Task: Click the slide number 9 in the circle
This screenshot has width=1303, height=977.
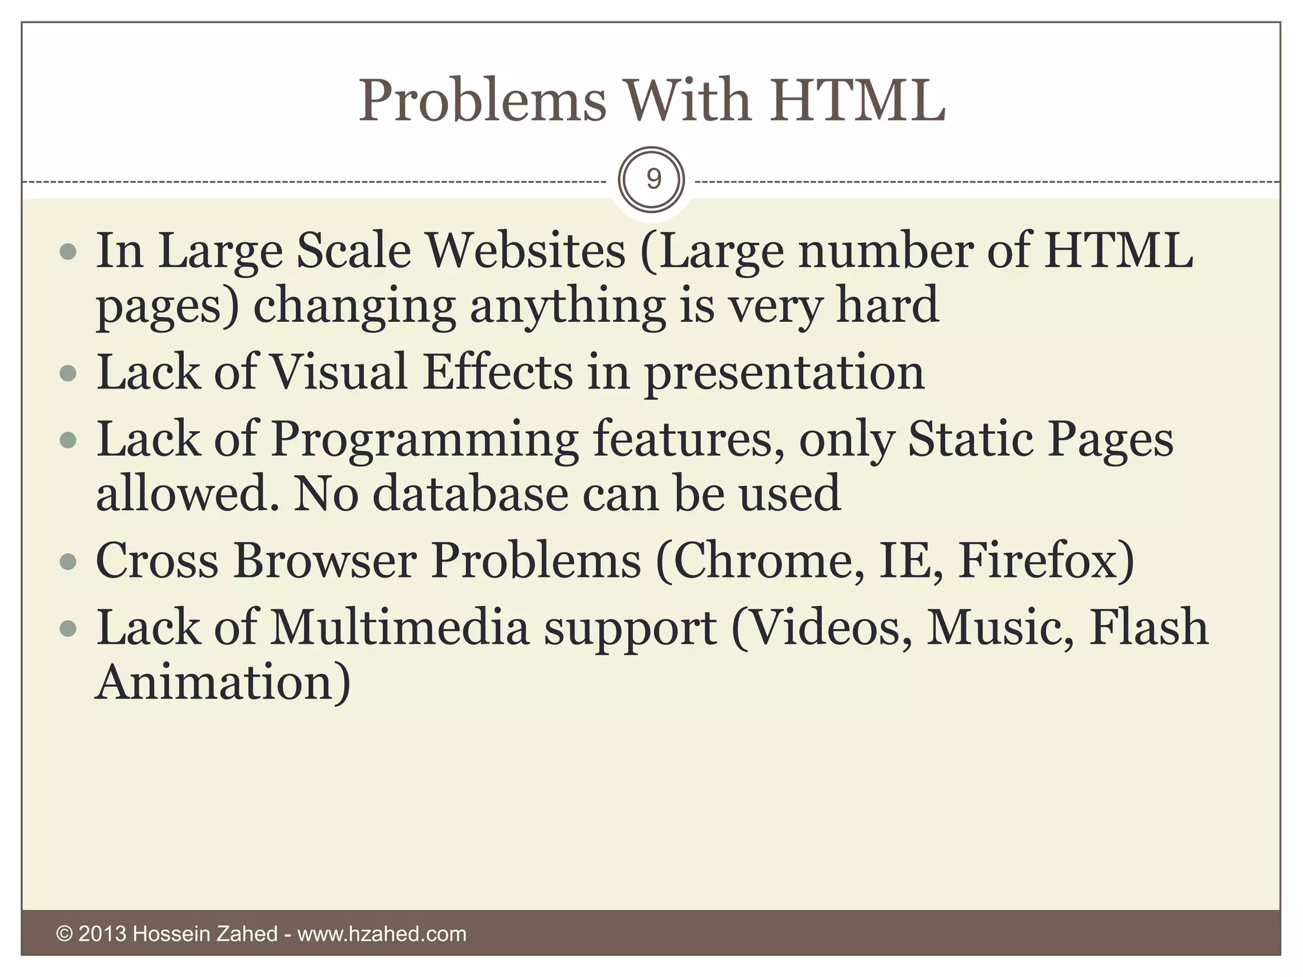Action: pos(652,180)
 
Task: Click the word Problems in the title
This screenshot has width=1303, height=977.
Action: pos(483,101)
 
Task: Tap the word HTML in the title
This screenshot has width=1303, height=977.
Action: pos(858,100)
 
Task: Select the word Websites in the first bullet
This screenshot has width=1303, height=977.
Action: pos(526,251)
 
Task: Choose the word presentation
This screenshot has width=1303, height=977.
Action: pos(784,374)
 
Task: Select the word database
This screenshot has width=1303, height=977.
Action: pos(470,494)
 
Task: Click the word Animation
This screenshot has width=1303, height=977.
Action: pos(223,682)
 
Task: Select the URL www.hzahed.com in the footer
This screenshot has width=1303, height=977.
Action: pos(382,934)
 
